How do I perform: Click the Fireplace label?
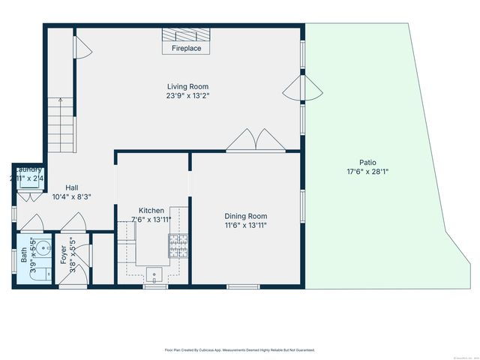coord(187,49)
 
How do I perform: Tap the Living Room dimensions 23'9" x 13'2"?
coord(187,95)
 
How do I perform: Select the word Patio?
coord(367,162)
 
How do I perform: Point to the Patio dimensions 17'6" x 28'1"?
coord(367,172)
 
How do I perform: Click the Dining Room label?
coord(246,216)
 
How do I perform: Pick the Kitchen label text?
coord(151,211)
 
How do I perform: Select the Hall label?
coord(72,187)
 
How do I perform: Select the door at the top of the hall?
coord(83,48)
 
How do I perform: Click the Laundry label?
coord(29,169)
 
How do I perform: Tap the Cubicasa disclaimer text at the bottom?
coord(239,349)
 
